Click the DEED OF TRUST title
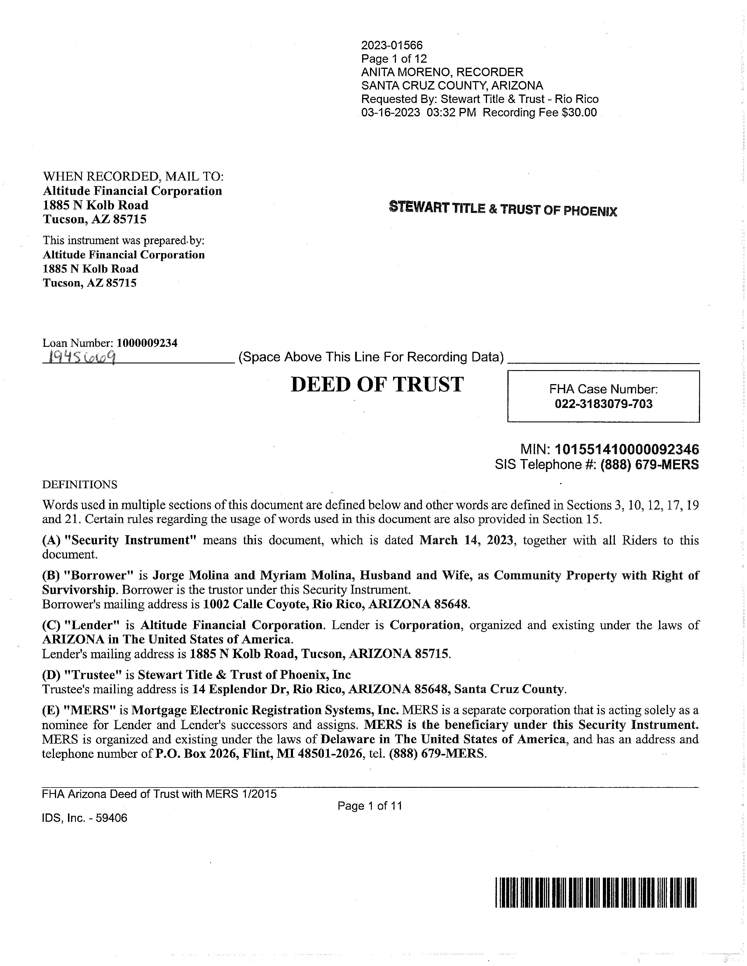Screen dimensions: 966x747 pyautogui.click(x=377, y=384)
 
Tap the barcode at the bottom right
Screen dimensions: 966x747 pyautogui.click(x=596, y=892)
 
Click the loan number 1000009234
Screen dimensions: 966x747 pyautogui.click(x=147, y=343)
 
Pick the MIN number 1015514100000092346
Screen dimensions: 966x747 pyautogui.click(x=626, y=449)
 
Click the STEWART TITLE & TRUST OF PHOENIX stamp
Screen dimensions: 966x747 pyautogui.click(x=503, y=209)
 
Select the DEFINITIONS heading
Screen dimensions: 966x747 pyautogui.click(x=80, y=485)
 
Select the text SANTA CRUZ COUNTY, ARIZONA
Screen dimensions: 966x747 pyautogui.click(x=452, y=85)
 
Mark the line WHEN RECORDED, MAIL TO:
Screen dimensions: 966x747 pyautogui.click(x=133, y=176)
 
